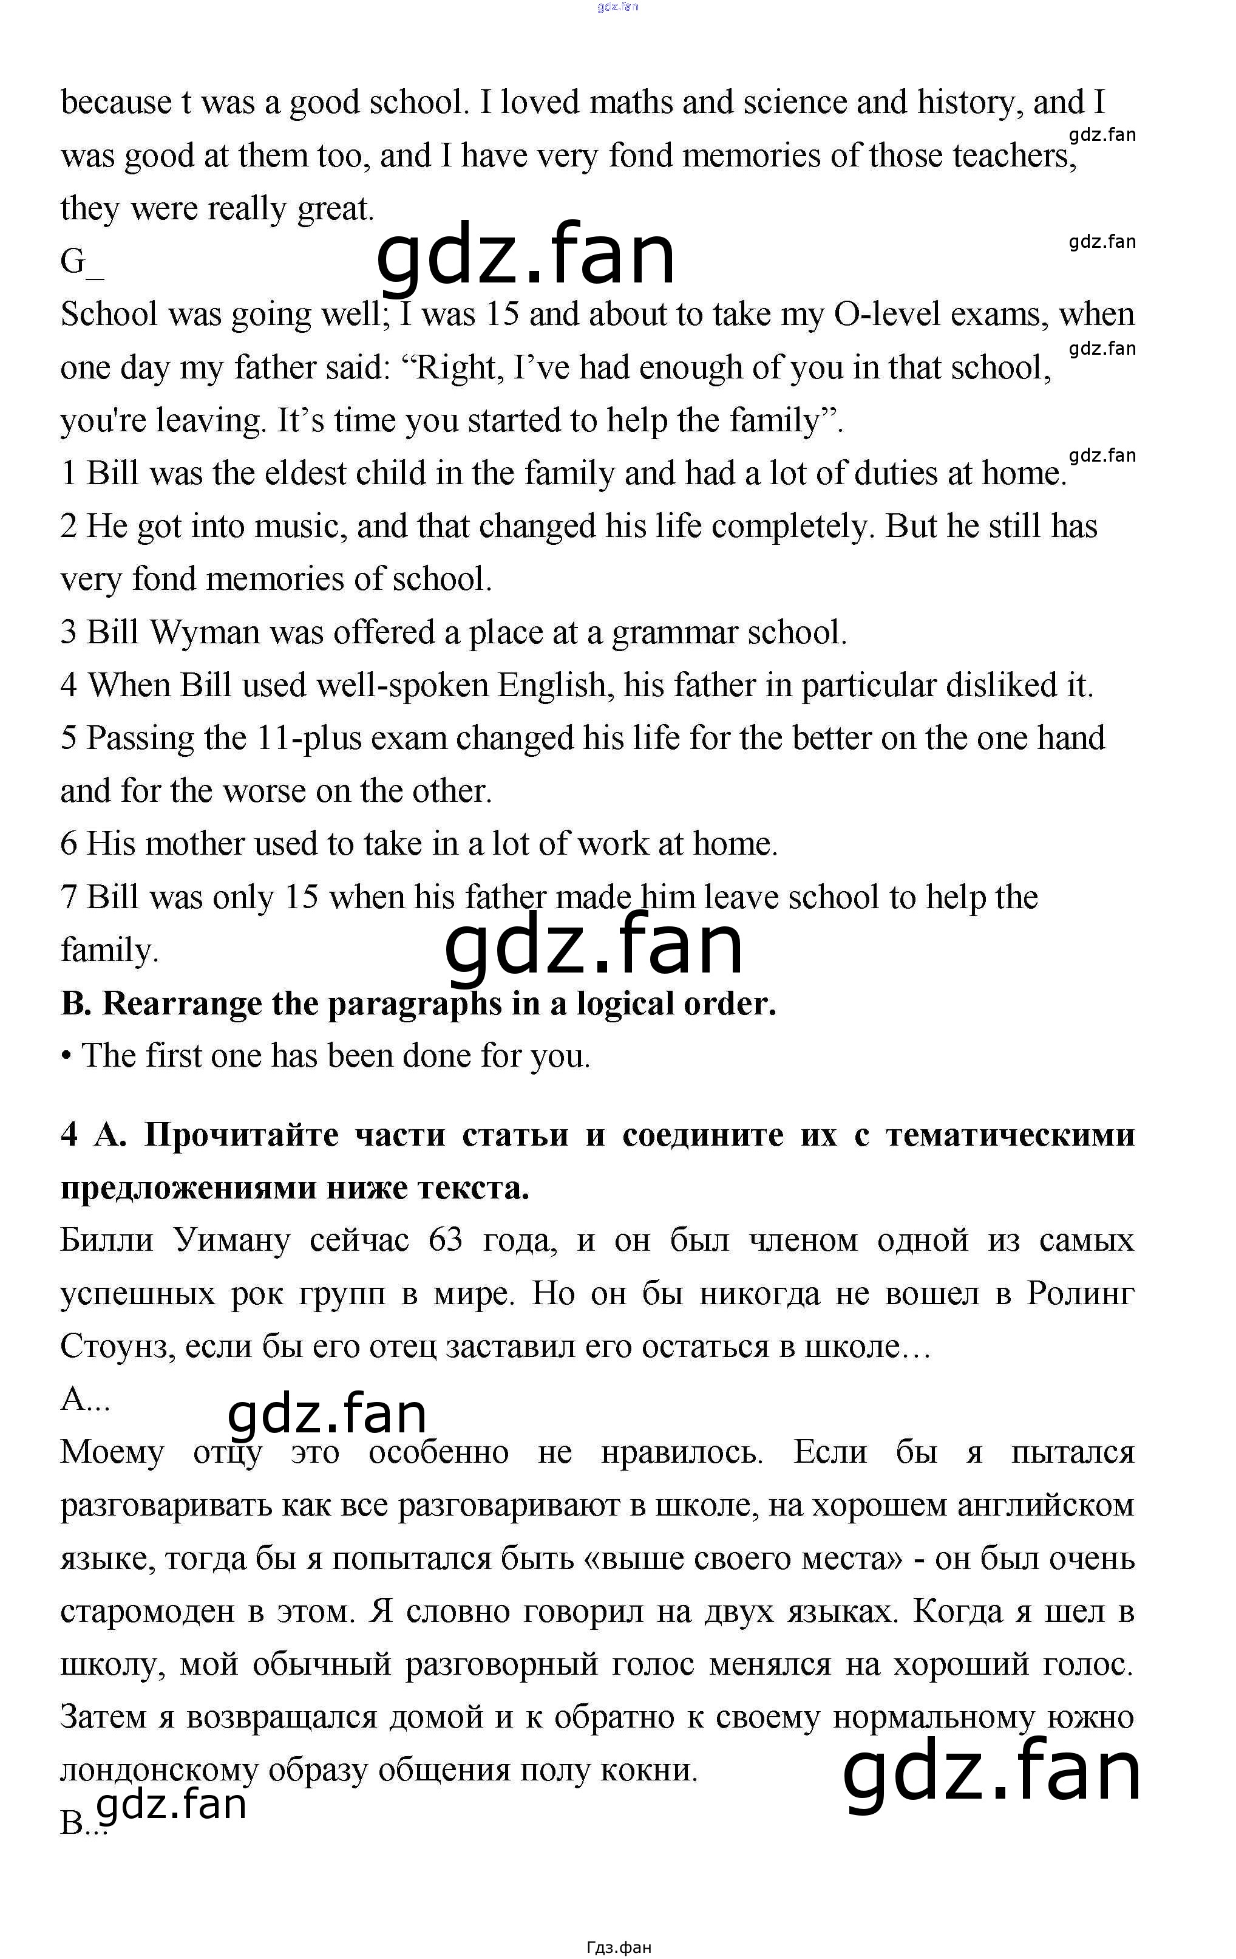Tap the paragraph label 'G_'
click(x=81, y=262)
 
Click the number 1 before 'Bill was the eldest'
click(x=69, y=473)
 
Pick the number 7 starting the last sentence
click(x=69, y=897)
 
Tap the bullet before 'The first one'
click(x=66, y=1056)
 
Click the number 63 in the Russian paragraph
click(x=445, y=1240)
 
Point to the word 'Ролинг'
click(x=1080, y=1293)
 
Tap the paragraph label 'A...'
click(x=84, y=1400)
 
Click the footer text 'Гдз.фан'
click(x=618, y=1947)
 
